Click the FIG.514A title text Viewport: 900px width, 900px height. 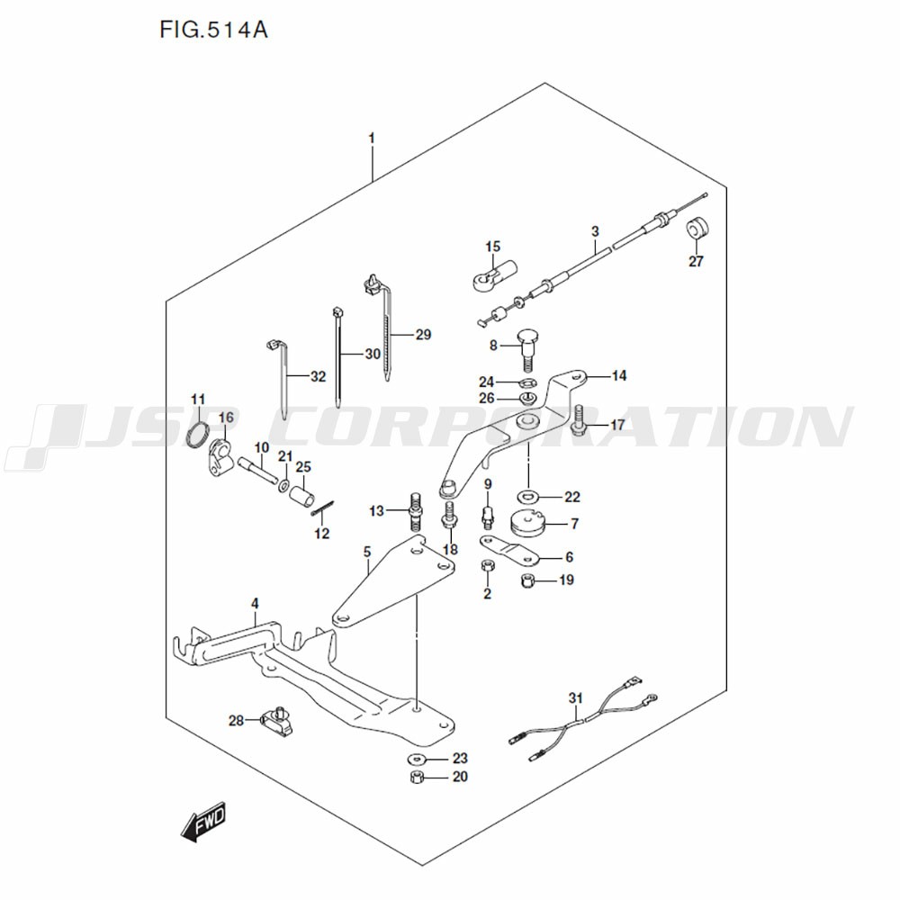click(x=213, y=31)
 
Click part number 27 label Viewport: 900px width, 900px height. click(x=696, y=262)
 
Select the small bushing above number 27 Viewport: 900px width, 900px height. click(x=696, y=229)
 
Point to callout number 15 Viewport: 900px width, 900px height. click(x=492, y=247)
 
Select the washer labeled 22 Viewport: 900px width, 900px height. click(x=527, y=495)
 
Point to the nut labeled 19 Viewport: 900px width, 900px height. click(x=529, y=580)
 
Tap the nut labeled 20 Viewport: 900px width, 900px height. click(x=417, y=777)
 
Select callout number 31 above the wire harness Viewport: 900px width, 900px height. click(x=576, y=697)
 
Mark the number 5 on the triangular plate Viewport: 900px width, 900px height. click(x=367, y=552)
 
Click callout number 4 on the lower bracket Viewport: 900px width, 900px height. click(x=255, y=602)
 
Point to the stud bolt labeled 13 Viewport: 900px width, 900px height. click(x=416, y=510)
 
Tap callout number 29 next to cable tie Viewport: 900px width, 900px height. click(x=423, y=335)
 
